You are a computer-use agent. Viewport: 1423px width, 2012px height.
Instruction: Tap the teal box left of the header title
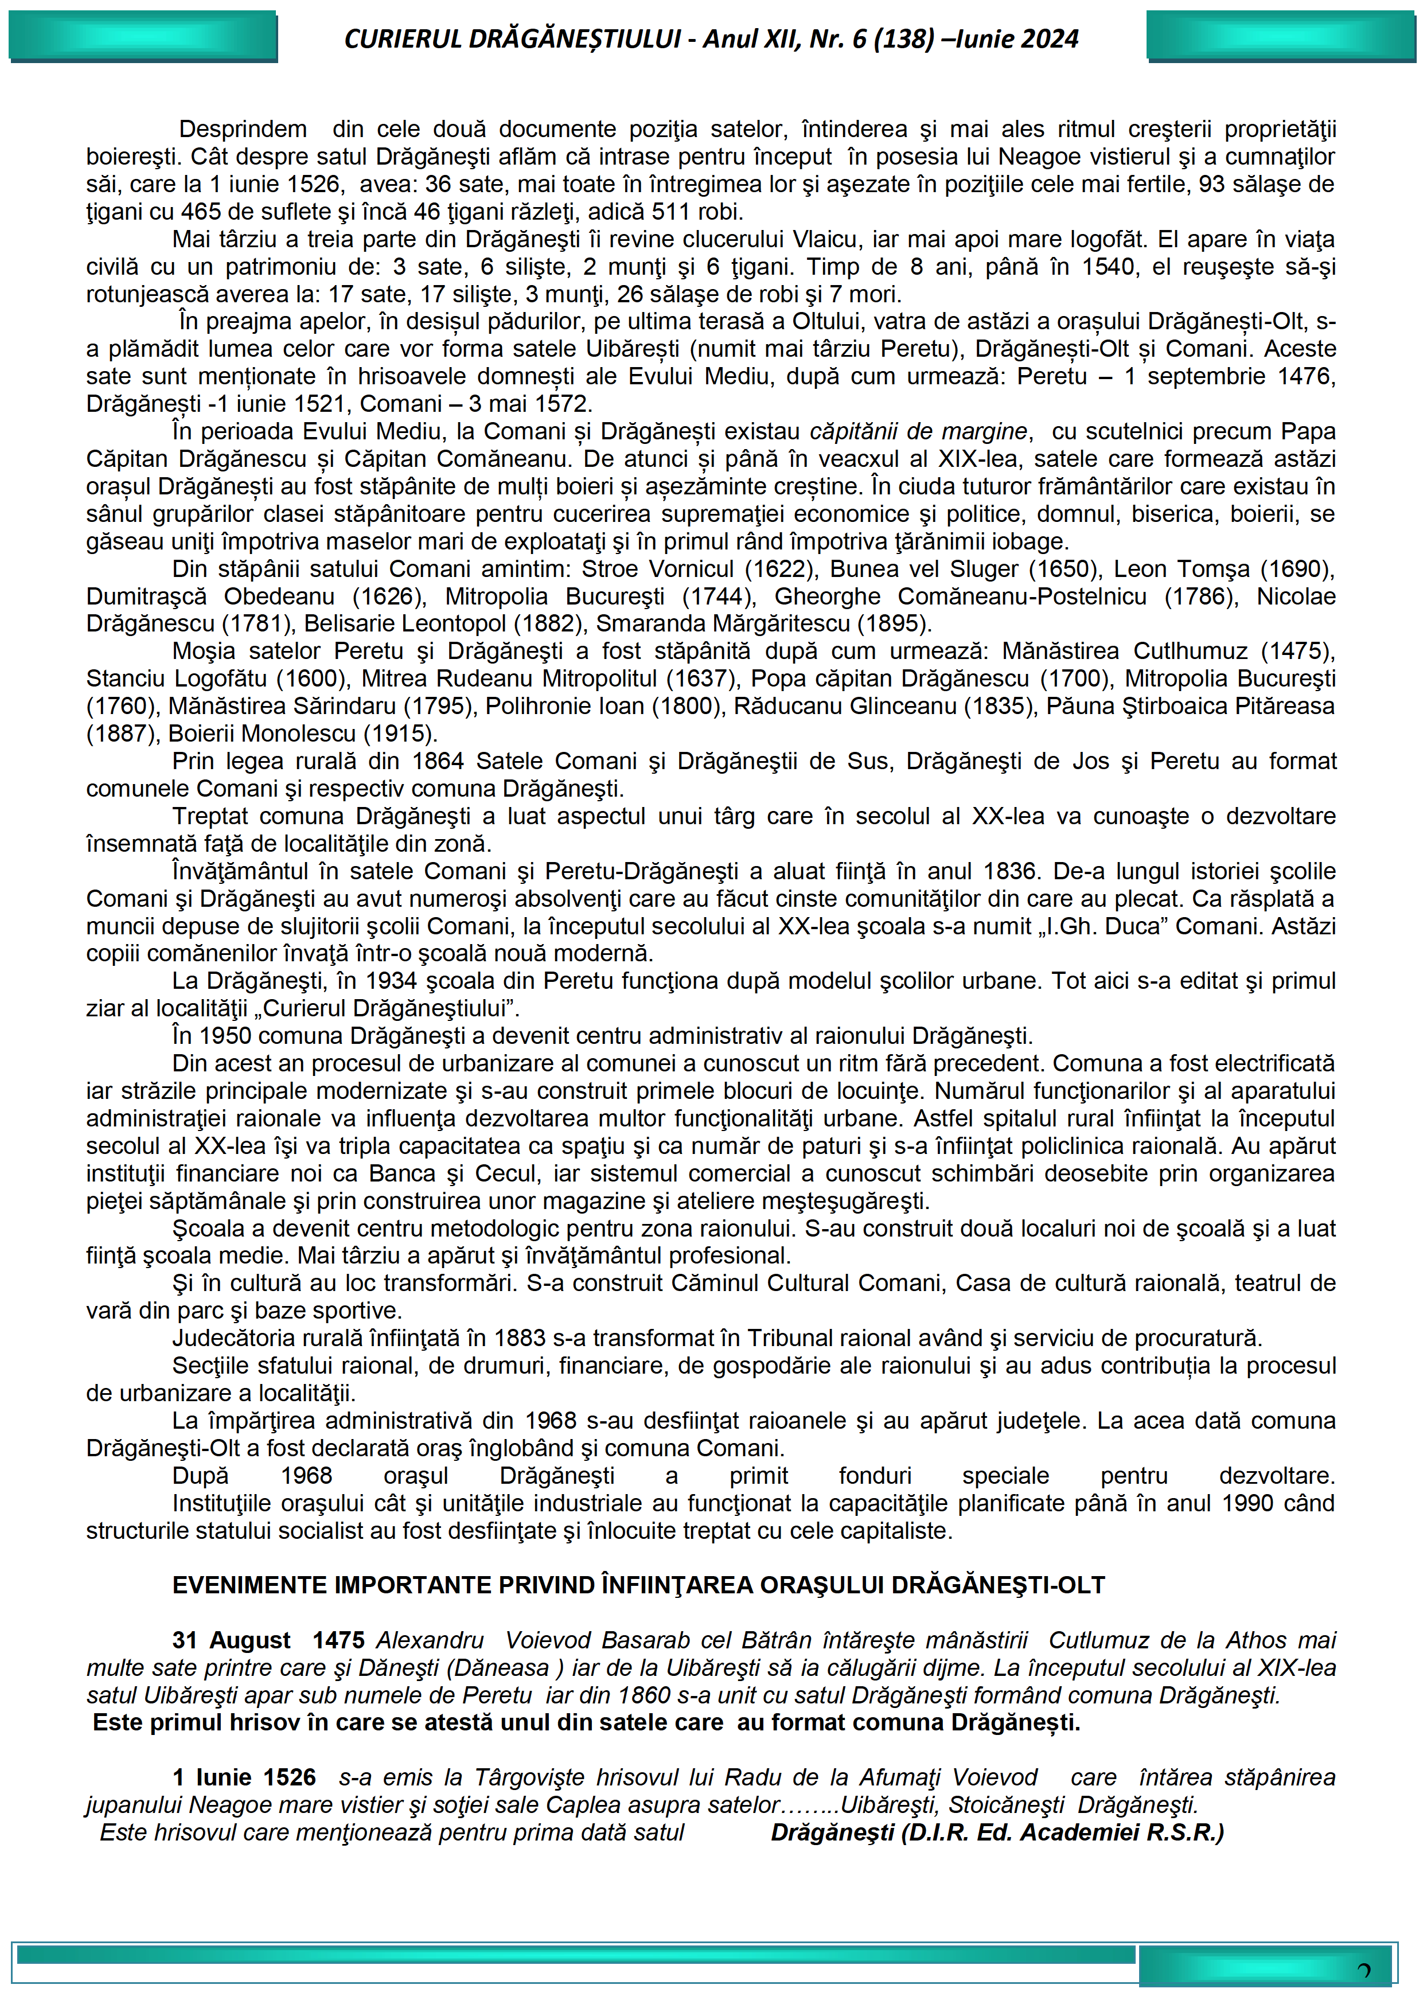[143, 36]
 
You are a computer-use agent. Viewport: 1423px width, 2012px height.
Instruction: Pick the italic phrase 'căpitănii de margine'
[918, 431]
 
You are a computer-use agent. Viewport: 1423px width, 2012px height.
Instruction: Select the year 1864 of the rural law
[442, 762]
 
